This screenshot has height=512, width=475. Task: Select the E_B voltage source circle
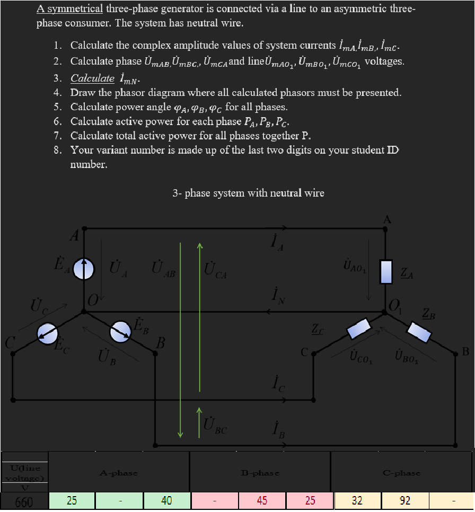pos(120,331)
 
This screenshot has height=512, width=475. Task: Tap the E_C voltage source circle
pos(47,333)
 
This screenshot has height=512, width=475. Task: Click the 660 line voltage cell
pos(23,501)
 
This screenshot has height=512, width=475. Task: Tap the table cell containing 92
pos(405,500)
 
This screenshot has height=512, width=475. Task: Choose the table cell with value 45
pos(262,500)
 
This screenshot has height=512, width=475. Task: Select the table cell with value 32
pos(357,500)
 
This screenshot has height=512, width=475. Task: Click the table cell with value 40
pos(166,500)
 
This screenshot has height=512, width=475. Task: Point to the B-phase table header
pos(260,473)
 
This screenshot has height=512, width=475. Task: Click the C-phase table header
pos(401,473)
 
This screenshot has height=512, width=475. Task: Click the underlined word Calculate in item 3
pos(92,78)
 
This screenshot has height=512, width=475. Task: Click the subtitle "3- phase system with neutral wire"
pos(248,193)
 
